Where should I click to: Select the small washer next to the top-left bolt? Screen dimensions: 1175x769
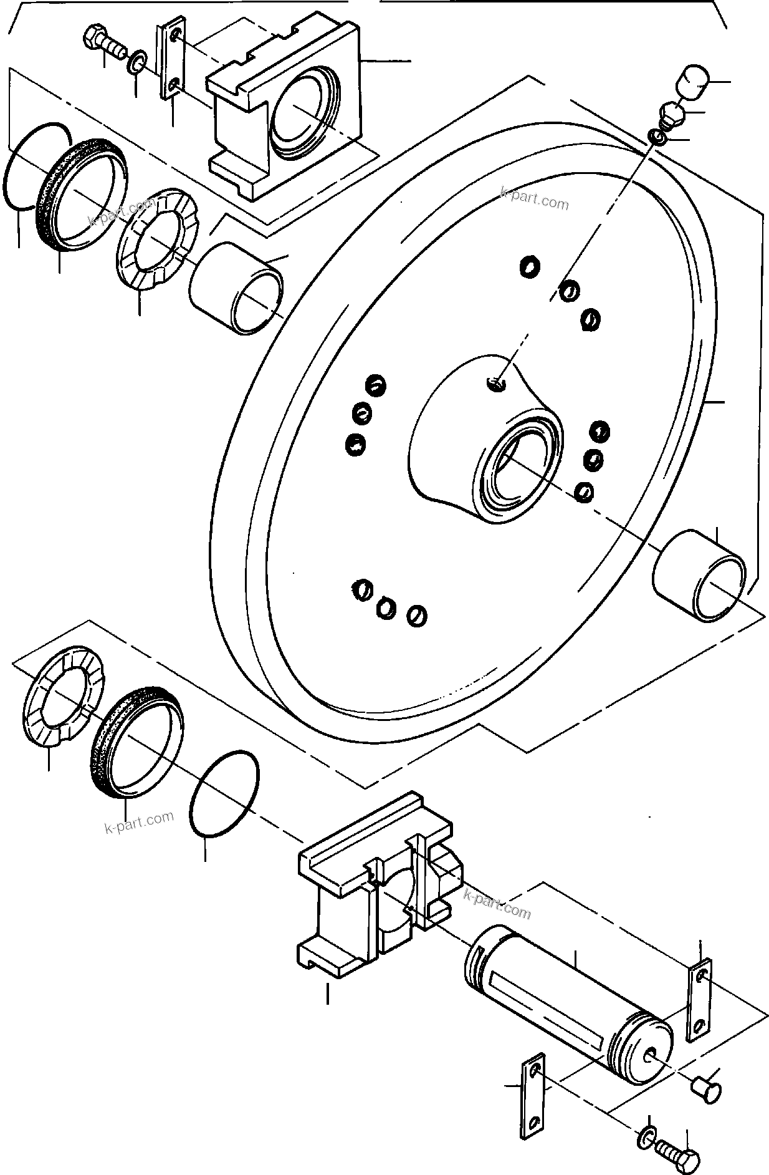click(x=136, y=62)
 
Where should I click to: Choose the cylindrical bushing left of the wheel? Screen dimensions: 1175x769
click(x=236, y=288)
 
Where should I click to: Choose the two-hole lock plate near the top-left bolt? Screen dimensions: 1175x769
click(x=171, y=60)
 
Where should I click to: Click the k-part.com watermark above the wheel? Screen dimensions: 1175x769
click(x=534, y=198)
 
